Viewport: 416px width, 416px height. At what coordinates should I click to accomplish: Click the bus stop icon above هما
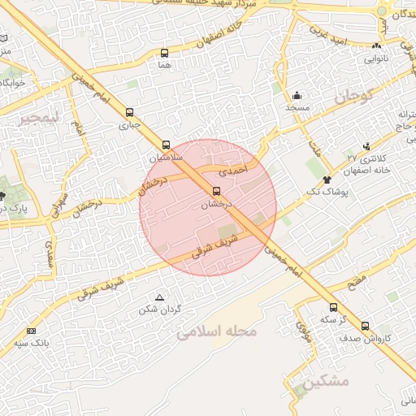tap(165, 53)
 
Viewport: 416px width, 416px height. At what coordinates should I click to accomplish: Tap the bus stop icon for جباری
tap(130, 112)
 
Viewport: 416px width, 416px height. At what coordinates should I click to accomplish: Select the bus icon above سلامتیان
tap(167, 143)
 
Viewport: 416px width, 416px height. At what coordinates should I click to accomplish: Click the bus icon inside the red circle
tap(216, 192)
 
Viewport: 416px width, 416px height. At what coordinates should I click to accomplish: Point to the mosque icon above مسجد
tap(297, 95)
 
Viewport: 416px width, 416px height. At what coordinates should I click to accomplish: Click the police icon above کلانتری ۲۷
tap(366, 146)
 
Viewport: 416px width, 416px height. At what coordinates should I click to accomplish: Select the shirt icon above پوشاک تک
tap(327, 179)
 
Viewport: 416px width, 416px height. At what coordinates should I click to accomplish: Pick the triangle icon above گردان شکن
tap(159, 297)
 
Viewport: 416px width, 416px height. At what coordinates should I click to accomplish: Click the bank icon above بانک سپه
tap(32, 331)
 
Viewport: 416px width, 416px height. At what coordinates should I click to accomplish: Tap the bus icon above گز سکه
tap(333, 307)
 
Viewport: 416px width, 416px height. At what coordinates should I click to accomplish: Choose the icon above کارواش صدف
tap(365, 326)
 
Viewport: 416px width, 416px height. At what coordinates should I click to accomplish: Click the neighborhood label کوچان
tap(351, 98)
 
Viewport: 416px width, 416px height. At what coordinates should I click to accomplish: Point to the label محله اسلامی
tap(216, 332)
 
